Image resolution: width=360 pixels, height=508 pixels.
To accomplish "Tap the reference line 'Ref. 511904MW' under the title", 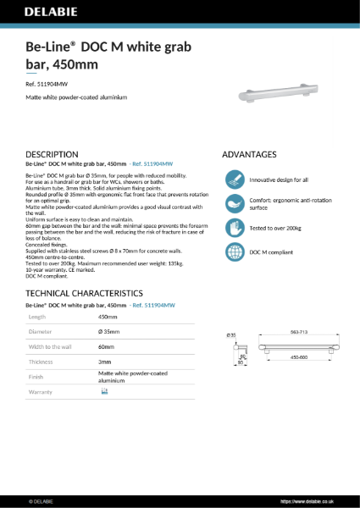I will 47,83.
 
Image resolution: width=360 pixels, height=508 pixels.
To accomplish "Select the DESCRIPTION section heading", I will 53,155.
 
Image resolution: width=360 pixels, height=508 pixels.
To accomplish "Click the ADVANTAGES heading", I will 249,155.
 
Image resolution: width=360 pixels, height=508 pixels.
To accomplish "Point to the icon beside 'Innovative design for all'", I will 234,180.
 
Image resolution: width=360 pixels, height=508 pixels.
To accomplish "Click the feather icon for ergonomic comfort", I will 234,204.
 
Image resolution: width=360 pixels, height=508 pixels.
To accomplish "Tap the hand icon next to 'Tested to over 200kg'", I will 234,229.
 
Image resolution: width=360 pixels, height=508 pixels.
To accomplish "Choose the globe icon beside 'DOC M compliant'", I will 234,252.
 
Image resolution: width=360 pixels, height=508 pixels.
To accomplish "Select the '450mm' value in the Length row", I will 108,315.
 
